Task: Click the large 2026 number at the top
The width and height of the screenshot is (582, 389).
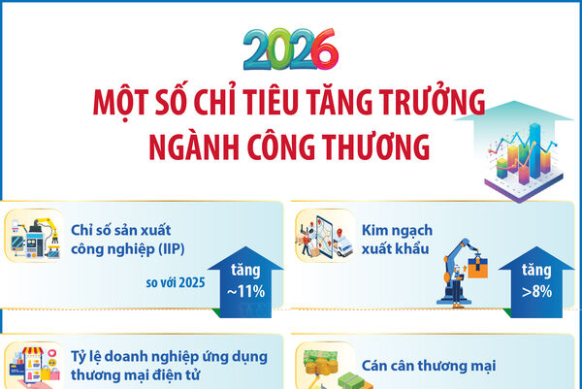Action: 291,49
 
